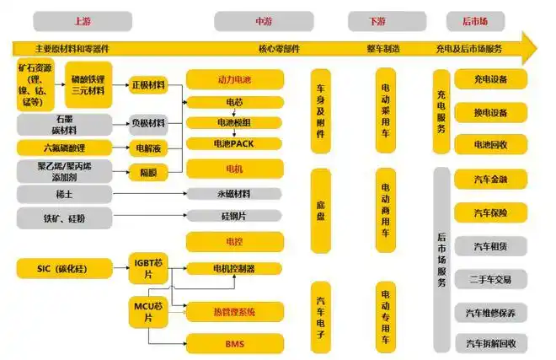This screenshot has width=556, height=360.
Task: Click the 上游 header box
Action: pyautogui.click(x=82, y=21)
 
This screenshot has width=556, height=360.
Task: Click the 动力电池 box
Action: pyautogui.click(x=234, y=80)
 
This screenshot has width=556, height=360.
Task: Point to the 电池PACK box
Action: pyautogui.click(x=234, y=143)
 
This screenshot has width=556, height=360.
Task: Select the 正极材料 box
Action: pyautogui.click(x=149, y=85)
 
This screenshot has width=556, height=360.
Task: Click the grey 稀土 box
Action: pyautogui.click(x=64, y=194)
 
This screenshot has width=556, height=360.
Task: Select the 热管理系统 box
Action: pyautogui.click(x=234, y=312)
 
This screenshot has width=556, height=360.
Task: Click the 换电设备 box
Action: pyautogui.click(x=490, y=112)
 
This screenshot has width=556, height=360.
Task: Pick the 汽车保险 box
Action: pyautogui.click(x=490, y=212)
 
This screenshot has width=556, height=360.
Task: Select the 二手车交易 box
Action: pyautogui.click(x=490, y=278)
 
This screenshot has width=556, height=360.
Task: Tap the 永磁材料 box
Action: pyautogui.click(x=234, y=194)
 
